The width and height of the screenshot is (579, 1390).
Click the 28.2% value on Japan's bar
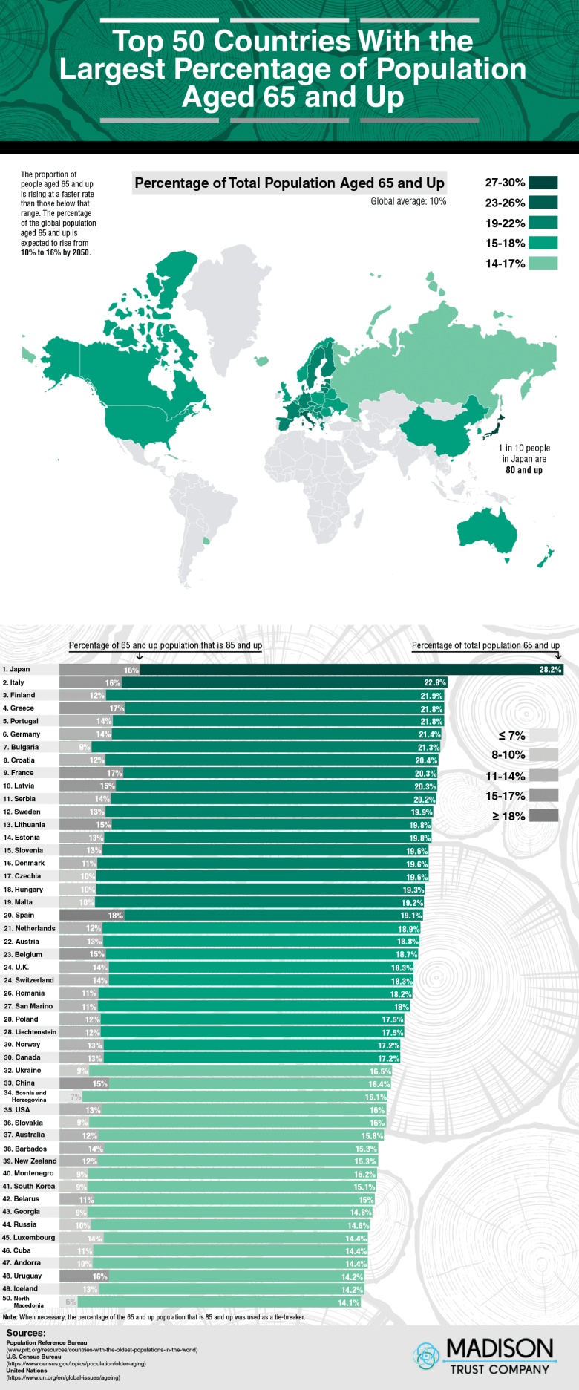(550, 670)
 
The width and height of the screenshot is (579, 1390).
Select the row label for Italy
(13, 682)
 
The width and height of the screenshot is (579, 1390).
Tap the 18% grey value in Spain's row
(116, 916)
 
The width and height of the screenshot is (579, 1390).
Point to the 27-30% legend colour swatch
(543, 183)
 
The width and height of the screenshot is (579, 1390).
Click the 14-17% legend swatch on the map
(543, 263)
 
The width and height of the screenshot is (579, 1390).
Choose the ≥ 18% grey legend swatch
(544, 816)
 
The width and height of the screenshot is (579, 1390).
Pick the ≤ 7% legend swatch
(544, 735)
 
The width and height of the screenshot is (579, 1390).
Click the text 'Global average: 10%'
(408, 201)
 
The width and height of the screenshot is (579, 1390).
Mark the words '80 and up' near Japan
(524, 470)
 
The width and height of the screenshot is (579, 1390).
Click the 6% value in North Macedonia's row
(71, 1302)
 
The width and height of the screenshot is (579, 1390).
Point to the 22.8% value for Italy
(435, 682)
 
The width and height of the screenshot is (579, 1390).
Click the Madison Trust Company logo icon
(427, 1356)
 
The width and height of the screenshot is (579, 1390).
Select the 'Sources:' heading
(26, 1333)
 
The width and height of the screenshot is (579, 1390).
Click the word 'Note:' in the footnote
(10, 1317)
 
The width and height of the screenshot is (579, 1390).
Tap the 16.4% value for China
(379, 1084)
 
